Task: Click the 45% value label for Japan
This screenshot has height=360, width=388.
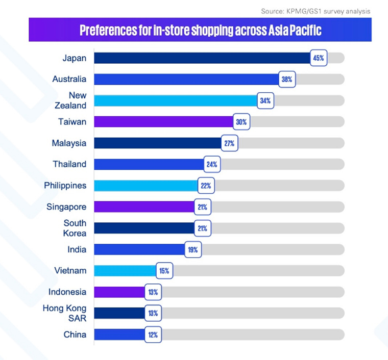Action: pyautogui.click(x=319, y=58)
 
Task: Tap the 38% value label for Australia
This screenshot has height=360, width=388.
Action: pyautogui.click(x=286, y=79)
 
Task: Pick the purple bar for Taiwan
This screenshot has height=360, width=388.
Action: pyautogui.click(x=163, y=122)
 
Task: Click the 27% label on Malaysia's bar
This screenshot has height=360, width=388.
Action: pyautogui.click(x=229, y=143)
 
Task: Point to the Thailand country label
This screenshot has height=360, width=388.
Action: pyautogui.click(x=69, y=164)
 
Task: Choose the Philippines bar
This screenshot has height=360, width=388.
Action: pyautogui.click(x=145, y=186)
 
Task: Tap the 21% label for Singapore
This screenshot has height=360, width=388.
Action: pyautogui.click(x=202, y=207)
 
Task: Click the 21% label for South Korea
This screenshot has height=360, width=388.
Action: pyautogui.click(x=202, y=228)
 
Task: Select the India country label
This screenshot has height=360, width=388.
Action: pyautogui.click(x=77, y=249)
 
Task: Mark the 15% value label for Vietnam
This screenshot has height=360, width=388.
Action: pyautogui.click(x=164, y=271)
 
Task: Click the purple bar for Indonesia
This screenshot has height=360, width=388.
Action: pyautogui.click(x=119, y=292)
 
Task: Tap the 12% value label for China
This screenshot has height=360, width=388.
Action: pyautogui.click(x=153, y=335)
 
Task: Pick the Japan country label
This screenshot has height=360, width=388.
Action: pyautogui.click(x=75, y=58)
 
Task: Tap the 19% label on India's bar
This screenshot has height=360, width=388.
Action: pyautogui.click(x=193, y=250)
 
